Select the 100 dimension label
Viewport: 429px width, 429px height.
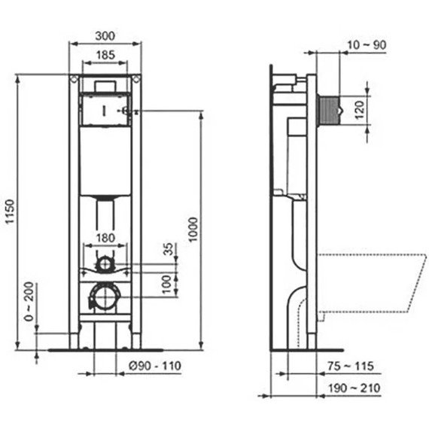(167, 283)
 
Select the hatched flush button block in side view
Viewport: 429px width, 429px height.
(329, 111)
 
